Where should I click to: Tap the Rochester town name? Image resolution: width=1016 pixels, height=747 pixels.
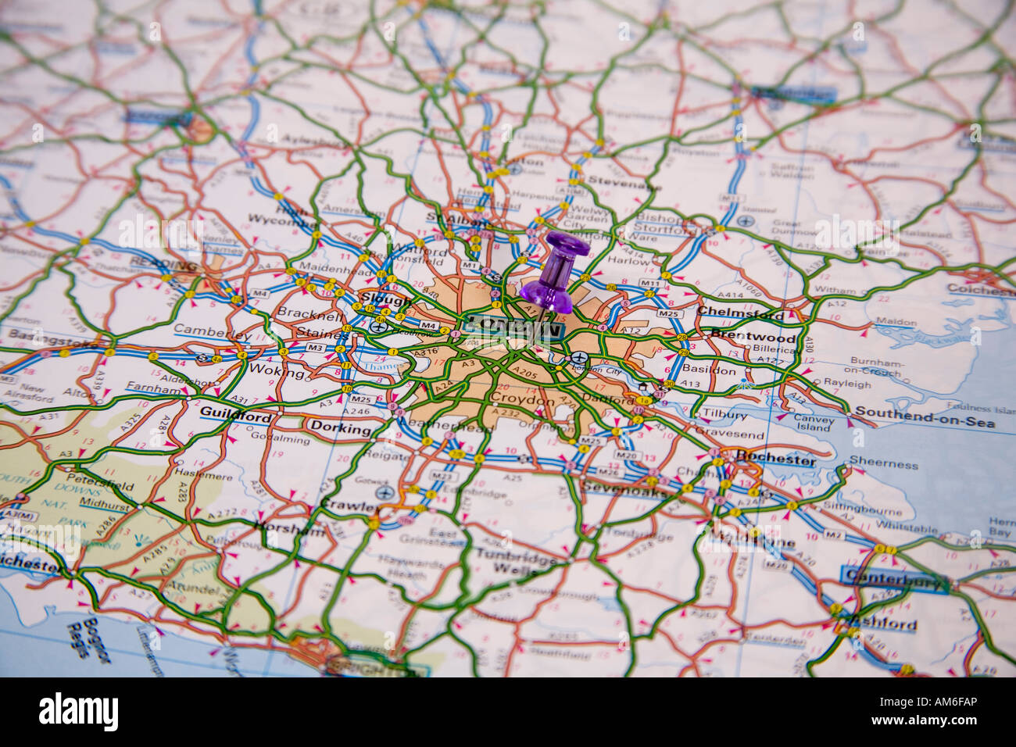pos(775,459)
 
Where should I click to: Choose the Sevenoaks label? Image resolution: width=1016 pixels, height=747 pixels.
pos(625,492)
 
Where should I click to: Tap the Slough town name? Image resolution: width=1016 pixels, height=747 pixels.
pos(386,300)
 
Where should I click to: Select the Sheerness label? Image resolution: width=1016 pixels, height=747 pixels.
pos(883,464)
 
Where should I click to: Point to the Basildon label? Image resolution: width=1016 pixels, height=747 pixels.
pos(710,370)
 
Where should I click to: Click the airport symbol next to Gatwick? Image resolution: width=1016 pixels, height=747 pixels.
pos(383,492)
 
